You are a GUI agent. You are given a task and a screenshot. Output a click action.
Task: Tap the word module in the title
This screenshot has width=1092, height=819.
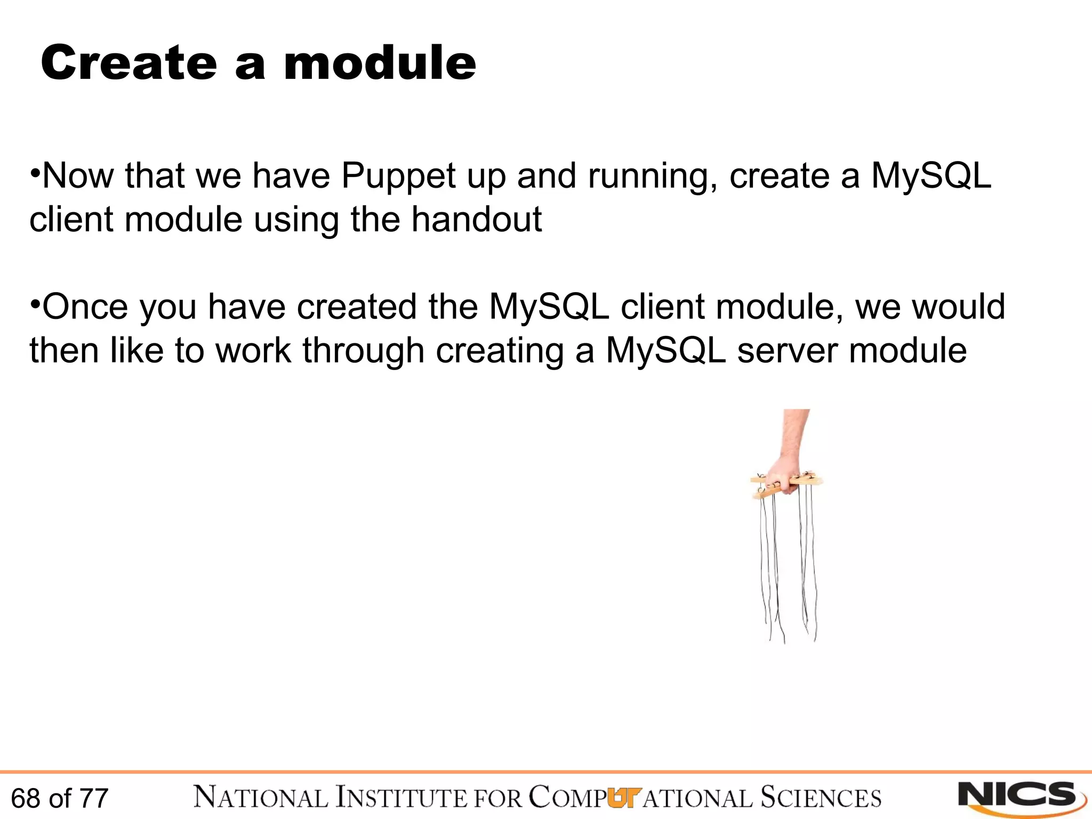[x=380, y=63]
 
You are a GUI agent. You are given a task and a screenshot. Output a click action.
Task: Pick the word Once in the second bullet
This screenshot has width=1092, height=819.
[x=85, y=307]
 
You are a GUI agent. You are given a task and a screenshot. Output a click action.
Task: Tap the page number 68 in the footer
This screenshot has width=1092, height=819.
[x=26, y=798]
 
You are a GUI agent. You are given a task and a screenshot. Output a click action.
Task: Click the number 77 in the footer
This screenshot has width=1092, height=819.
[x=94, y=798]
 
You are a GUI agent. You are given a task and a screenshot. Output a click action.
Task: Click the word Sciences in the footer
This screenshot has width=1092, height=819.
[x=821, y=798]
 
